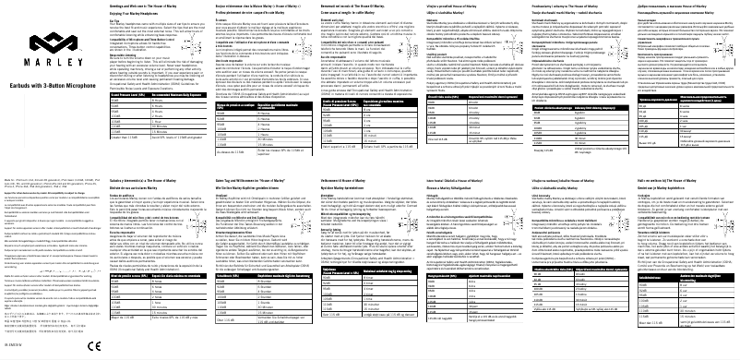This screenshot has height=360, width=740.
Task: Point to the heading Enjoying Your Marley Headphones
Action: (147, 12)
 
